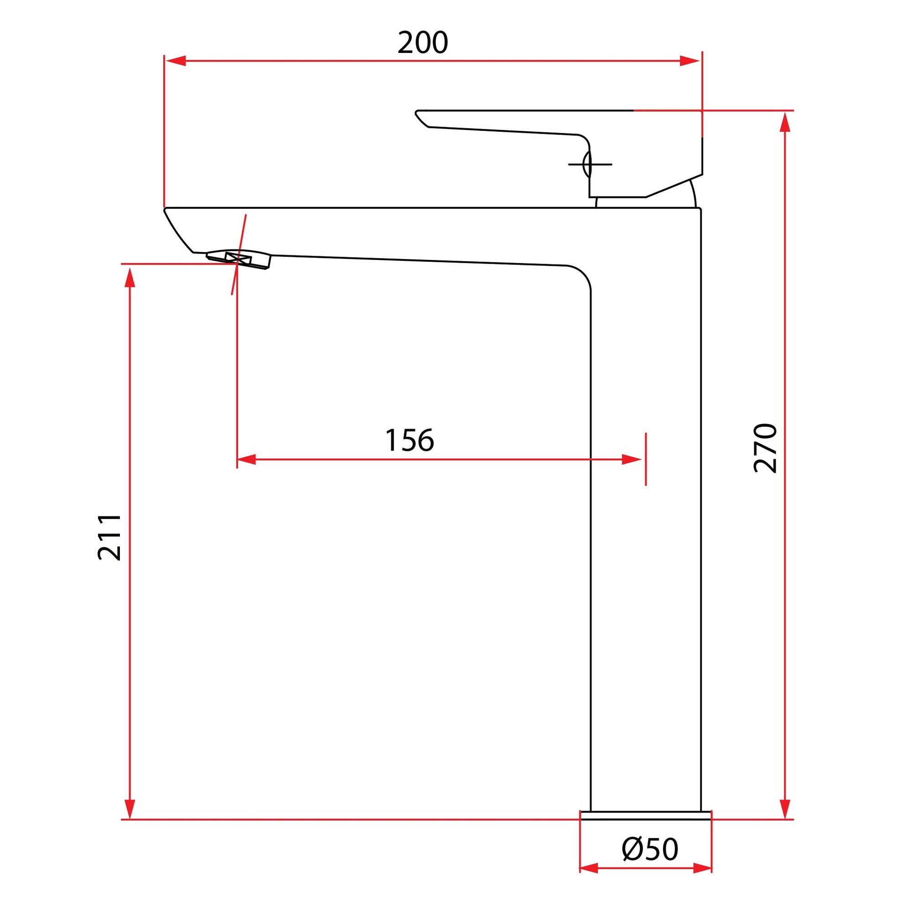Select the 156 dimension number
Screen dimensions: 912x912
[x=409, y=440]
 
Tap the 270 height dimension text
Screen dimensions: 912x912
[x=765, y=448]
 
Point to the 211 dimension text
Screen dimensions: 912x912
[x=109, y=538]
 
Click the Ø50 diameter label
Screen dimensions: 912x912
[x=650, y=849]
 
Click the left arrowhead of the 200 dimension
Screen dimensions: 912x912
[x=175, y=61]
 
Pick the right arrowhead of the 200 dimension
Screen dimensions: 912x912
[x=690, y=61]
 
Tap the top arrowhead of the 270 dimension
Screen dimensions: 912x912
[x=785, y=122]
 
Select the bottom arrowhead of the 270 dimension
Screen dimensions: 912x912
[x=785, y=808]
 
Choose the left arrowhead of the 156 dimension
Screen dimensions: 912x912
[x=246, y=459]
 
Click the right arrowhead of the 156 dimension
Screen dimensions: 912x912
[x=632, y=459]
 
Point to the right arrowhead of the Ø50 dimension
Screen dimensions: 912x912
[x=702, y=868]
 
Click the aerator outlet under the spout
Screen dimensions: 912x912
[x=239, y=259]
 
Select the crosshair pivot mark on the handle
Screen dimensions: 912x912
[x=590, y=164]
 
